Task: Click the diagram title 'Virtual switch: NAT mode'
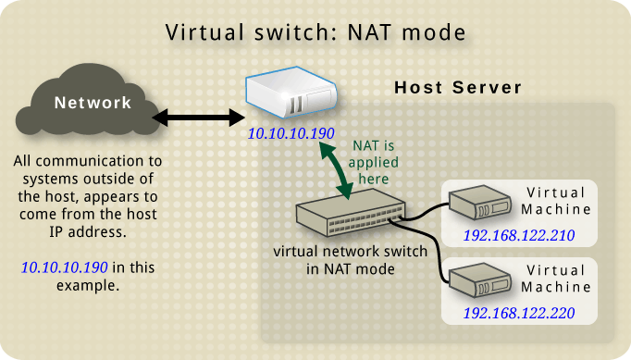pyautogui.click(x=315, y=32)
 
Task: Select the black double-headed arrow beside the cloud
pyautogui.click(x=195, y=118)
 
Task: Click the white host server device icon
pyautogui.click(x=291, y=95)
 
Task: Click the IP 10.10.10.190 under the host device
pyautogui.click(x=291, y=134)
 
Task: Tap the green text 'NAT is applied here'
pyautogui.click(x=377, y=162)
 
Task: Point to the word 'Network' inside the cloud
pyautogui.click(x=93, y=103)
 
